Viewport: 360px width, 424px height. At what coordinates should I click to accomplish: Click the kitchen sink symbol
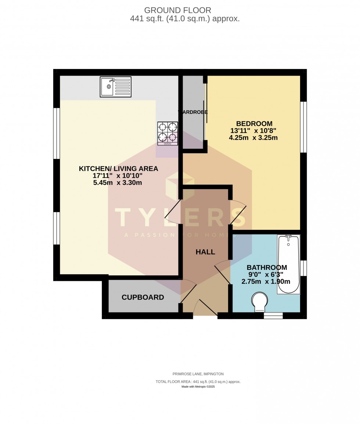(x=115, y=87)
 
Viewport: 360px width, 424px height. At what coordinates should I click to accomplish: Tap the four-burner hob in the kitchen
(x=168, y=133)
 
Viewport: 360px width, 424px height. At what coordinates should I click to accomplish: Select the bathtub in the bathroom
(x=288, y=264)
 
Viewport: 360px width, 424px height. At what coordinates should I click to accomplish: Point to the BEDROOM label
(x=254, y=124)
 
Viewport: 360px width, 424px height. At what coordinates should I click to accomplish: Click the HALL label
(x=205, y=252)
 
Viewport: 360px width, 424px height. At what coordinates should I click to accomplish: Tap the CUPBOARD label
(x=143, y=297)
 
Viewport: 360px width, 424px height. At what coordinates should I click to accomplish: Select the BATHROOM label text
(x=267, y=268)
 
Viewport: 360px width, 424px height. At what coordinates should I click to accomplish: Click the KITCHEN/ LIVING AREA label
(x=118, y=168)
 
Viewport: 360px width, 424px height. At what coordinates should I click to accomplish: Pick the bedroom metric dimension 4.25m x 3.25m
(x=253, y=138)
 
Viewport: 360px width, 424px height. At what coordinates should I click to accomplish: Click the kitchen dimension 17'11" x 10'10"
(x=118, y=176)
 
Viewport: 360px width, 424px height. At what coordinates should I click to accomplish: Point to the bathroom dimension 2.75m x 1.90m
(x=266, y=282)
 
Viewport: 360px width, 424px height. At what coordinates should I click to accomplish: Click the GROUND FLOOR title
(x=177, y=10)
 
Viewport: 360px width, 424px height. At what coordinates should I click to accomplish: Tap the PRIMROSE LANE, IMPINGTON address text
(x=198, y=374)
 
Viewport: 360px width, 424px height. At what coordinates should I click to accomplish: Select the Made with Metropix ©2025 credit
(x=198, y=387)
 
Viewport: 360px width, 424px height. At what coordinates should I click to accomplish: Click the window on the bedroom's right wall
(x=303, y=127)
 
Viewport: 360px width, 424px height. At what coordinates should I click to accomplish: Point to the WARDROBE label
(x=193, y=112)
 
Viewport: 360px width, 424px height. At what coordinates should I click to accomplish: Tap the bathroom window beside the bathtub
(x=303, y=268)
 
